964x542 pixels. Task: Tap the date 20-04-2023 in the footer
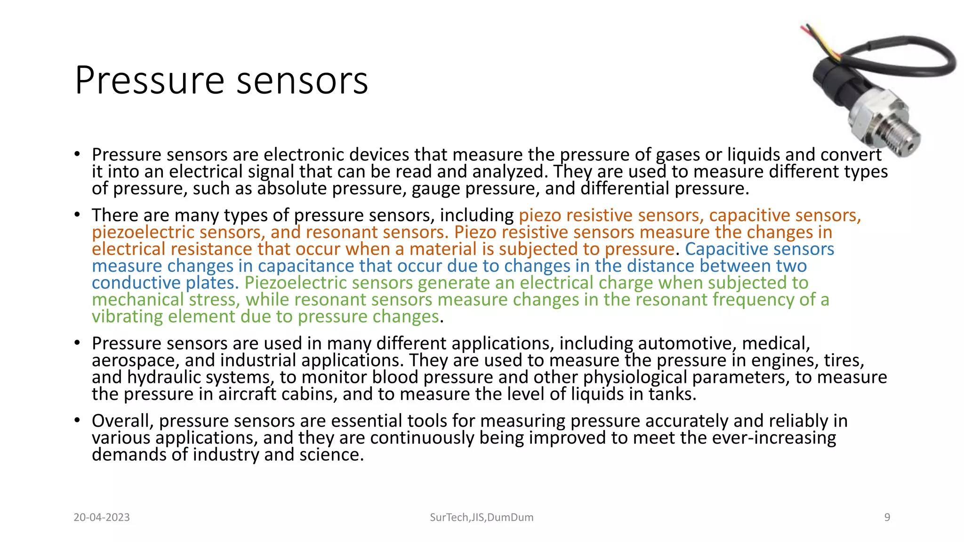click(102, 518)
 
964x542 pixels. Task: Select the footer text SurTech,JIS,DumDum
click(482, 518)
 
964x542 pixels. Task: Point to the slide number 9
click(887, 518)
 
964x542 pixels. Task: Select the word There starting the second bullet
click(115, 215)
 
